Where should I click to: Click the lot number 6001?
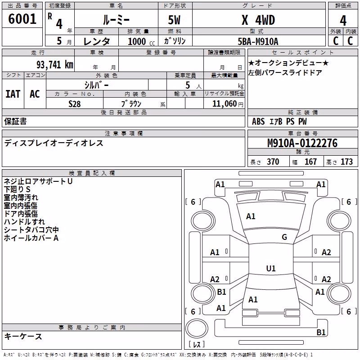pyautogui.click(x=22, y=18)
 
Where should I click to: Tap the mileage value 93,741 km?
pyautogui.click(x=55, y=65)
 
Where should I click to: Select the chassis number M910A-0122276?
pyautogui.click(x=302, y=143)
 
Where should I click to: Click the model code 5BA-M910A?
pyautogui.click(x=258, y=41)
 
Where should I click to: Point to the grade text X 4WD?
pyautogui.click(x=258, y=20)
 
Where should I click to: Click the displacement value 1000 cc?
pyautogui.click(x=141, y=41)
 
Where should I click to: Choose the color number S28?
pyautogui.click(x=75, y=104)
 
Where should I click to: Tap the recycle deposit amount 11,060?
pyautogui.click(x=224, y=104)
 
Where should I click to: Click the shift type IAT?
pyautogui.click(x=13, y=94)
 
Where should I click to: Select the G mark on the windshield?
pyautogui.click(x=284, y=237)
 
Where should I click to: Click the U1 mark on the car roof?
pyautogui.click(x=271, y=268)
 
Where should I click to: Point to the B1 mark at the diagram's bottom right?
pyautogui.click(x=321, y=332)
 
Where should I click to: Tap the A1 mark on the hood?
pyautogui.click(x=251, y=216)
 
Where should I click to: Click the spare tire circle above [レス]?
pyautogui.click(x=197, y=328)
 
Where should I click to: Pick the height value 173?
pyautogui.click(x=346, y=162)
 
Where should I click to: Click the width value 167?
pyautogui.click(x=310, y=162)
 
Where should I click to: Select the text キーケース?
pyautogui.click(x=23, y=336)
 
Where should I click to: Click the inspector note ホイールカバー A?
pyautogui.click(x=31, y=238)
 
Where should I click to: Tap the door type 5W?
pyautogui.click(x=174, y=20)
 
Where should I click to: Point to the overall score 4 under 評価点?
pyautogui.click(x=343, y=21)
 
